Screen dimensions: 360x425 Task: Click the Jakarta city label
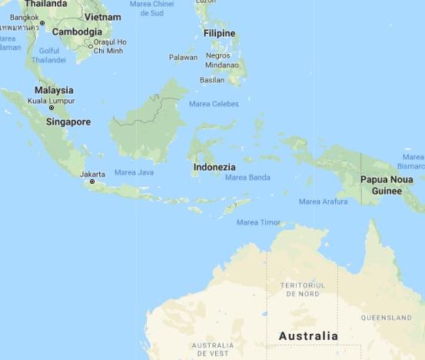click(x=92, y=174)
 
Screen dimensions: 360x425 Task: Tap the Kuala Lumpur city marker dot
click(x=51, y=108)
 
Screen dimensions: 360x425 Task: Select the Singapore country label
click(x=68, y=122)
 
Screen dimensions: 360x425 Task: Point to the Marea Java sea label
click(x=134, y=172)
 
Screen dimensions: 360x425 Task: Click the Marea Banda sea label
click(x=247, y=178)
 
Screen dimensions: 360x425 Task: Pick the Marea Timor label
click(x=258, y=222)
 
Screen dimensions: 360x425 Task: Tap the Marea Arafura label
click(x=320, y=202)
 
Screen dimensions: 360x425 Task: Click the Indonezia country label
click(x=214, y=167)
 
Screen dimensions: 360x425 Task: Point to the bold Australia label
click(x=308, y=336)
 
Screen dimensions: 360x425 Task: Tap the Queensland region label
click(x=387, y=318)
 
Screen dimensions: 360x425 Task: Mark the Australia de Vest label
click(x=212, y=348)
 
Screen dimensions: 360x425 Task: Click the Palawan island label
click(x=183, y=58)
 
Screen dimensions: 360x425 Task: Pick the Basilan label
click(x=212, y=80)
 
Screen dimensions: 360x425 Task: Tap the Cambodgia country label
click(x=77, y=32)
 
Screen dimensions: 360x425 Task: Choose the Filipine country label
click(x=219, y=33)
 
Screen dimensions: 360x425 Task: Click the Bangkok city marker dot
click(x=42, y=24)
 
